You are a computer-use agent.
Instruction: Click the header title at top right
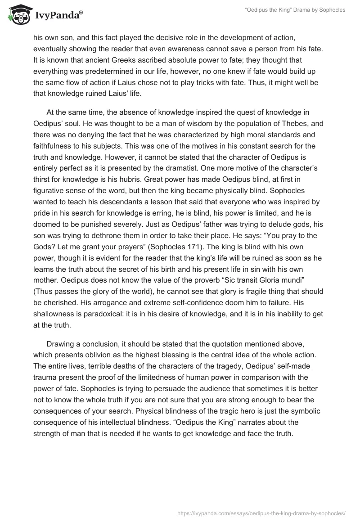pos(295,10)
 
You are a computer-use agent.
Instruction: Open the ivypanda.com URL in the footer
pos(262,512)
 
